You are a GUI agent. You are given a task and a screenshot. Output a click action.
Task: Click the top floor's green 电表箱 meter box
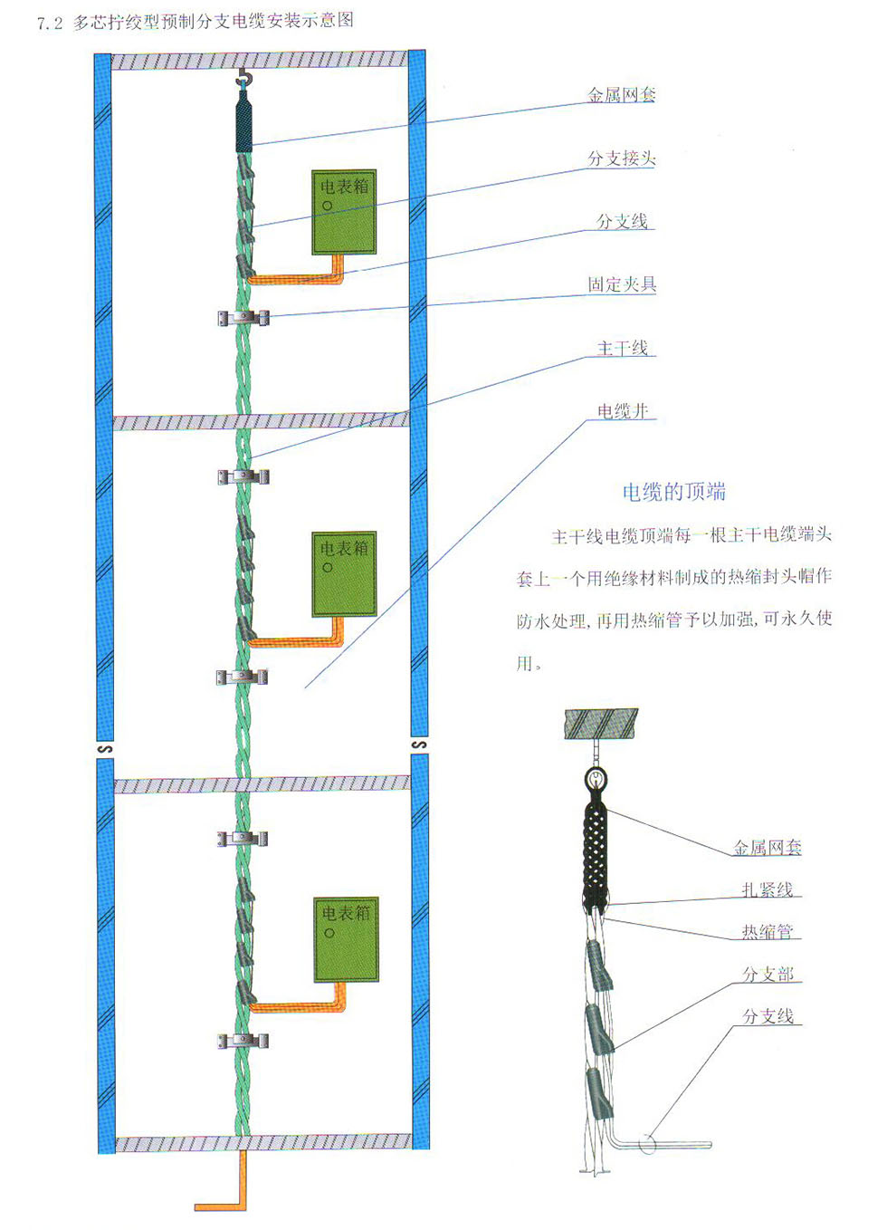tap(343, 211)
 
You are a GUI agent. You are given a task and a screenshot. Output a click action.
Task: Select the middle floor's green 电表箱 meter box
tap(343, 574)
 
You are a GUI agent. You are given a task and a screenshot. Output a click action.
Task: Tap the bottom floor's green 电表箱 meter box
tap(346, 939)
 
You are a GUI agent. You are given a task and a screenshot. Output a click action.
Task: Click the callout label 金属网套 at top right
tap(621, 95)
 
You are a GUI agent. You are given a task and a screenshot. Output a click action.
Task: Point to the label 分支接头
tap(621, 159)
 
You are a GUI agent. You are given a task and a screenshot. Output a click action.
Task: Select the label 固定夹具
tap(621, 284)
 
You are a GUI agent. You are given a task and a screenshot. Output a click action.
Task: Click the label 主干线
tap(623, 348)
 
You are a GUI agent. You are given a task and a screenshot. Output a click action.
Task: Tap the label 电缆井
tap(623, 411)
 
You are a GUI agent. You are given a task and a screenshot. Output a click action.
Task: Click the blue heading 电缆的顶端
tap(673, 492)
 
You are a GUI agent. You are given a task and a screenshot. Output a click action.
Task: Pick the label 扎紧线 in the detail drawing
tap(767, 889)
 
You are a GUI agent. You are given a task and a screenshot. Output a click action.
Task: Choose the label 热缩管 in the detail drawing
tap(767, 931)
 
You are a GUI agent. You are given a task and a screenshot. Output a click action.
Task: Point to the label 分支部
tap(768, 975)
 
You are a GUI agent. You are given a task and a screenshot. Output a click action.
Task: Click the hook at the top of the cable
tap(243, 82)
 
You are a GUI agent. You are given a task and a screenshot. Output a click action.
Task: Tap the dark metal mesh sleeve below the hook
tap(243, 124)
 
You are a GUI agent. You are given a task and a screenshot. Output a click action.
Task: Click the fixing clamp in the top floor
tap(243, 318)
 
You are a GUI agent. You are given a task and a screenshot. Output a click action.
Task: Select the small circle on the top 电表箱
tap(328, 206)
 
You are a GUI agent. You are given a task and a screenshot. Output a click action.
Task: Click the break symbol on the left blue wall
tap(105, 749)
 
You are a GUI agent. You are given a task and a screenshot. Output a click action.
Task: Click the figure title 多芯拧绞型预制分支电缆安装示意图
tap(213, 21)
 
